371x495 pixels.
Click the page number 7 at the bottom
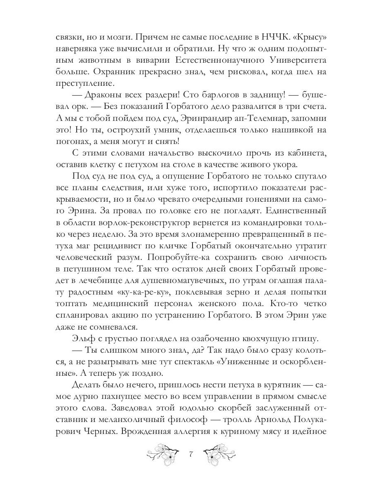[x=191, y=454]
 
